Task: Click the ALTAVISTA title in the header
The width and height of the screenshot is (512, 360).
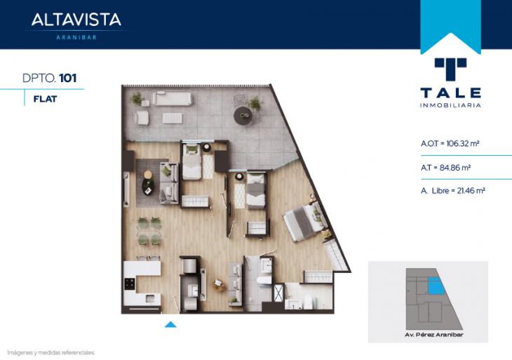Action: pos(76,20)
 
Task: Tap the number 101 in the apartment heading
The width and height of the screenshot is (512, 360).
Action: pos(68,78)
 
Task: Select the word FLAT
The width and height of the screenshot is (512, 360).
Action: pos(45,99)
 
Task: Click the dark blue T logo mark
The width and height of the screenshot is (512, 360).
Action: pos(450,69)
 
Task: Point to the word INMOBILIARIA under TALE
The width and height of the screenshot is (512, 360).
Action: pos(450,105)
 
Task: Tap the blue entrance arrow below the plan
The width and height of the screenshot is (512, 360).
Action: pos(170,324)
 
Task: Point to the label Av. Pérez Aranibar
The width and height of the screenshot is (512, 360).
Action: pos(434,335)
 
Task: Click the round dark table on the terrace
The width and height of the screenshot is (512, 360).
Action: pos(243,115)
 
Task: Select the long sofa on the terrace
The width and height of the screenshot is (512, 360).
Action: pos(171,98)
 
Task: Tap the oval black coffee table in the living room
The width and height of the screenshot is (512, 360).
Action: pos(148,187)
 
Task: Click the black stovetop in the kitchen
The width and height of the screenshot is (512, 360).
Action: pos(129,284)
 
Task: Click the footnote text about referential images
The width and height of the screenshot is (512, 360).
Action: pos(51,353)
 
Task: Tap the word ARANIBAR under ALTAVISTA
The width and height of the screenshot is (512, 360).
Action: pos(76,38)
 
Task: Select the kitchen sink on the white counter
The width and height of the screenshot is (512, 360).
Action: pos(150,298)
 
